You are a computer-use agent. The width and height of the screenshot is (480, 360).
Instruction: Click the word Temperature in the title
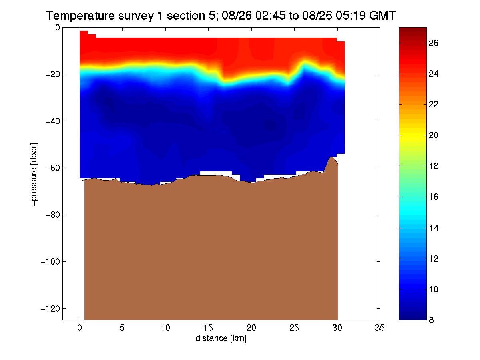[x=80, y=16]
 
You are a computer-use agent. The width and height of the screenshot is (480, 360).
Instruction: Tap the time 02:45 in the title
[x=270, y=16]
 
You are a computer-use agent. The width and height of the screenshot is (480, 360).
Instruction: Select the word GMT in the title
[x=382, y=16]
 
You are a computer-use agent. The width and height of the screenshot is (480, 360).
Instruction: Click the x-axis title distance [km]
[x=221, y=338]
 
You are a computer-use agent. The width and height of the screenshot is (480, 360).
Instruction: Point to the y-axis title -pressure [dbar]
[x=34, y=174]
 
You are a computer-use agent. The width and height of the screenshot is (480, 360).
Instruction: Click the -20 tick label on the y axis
[x=52, y=74]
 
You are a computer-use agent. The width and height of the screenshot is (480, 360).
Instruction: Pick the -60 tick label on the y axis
[x=52, y=168]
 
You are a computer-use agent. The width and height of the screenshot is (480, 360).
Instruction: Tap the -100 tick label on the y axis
[x=50, y=262]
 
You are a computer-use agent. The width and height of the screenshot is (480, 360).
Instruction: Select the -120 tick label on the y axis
[x=50, y=309]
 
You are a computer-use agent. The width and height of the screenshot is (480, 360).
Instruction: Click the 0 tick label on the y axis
[x=57, y=27]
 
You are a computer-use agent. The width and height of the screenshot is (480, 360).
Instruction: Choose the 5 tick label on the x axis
[x=122, y=328]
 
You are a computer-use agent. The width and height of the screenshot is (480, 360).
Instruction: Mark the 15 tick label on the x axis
[x=208, y=328]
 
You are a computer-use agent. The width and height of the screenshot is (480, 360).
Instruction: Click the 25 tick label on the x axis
[x=294, y=328]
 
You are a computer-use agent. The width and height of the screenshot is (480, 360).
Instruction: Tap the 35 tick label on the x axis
[x=380, y=328]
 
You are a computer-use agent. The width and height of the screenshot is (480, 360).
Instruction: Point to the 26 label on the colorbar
[x=433, y=43]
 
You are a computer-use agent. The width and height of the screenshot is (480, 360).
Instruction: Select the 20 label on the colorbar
[x=433, y=135]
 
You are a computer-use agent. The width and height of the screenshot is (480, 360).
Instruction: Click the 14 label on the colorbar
[x=433, y=228]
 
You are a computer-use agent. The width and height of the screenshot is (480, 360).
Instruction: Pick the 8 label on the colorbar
[x=431, y=320]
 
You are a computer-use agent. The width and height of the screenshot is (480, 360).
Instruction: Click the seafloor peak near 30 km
[x=331, y=157]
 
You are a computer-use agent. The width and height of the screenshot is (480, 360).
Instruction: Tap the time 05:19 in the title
[x=351, y=16]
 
